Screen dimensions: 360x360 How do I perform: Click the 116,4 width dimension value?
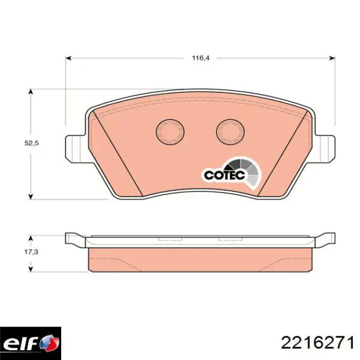201,58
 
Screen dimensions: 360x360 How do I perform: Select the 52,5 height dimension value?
32,143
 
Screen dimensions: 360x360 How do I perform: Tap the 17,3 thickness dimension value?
31,252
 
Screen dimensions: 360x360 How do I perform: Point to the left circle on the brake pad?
170,132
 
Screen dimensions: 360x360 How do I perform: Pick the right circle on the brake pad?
230,132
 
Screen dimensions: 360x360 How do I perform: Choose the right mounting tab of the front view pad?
325,149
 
